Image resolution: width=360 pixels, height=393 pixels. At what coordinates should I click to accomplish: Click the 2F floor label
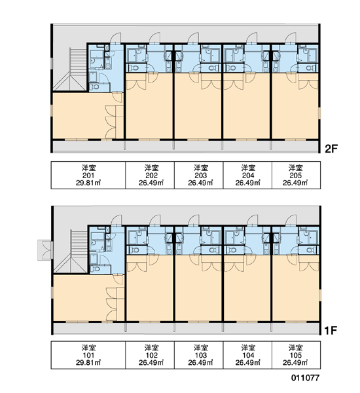[x=331, y=149]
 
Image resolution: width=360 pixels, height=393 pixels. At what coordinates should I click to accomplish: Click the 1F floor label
[x=331, y=331]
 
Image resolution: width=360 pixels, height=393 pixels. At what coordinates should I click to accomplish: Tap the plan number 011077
[x=305, y=378]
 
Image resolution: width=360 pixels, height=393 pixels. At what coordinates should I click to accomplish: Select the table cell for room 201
[x=88, y=175]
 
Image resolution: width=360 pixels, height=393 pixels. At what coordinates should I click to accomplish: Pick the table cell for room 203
[x=199, y=175]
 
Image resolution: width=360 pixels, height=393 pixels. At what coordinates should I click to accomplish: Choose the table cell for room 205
[x=296, y=175]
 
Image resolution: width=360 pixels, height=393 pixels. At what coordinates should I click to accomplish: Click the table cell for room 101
[x=88, y=355]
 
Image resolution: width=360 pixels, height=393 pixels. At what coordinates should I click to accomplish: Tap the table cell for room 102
[x=150, y=355]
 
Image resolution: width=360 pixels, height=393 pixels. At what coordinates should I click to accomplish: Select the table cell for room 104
[x=247, y=355]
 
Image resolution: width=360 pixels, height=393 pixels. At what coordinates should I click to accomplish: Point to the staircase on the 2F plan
[x=71, y=69]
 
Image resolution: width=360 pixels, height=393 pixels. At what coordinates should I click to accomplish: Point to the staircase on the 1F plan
[x=71, y=252]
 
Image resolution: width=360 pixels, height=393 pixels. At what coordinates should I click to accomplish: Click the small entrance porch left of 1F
[x=45, y=250]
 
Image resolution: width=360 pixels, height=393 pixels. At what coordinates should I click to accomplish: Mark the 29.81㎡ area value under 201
[x=88, y=183]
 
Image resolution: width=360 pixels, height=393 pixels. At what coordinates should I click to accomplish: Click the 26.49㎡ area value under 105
[x=295, y=362]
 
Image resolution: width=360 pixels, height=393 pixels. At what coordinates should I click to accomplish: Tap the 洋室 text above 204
[x=248, y=168]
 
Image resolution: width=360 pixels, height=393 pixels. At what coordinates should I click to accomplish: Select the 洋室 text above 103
[x=201, y=348]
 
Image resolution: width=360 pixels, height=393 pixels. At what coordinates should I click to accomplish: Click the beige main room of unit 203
[x=198, y=108]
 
